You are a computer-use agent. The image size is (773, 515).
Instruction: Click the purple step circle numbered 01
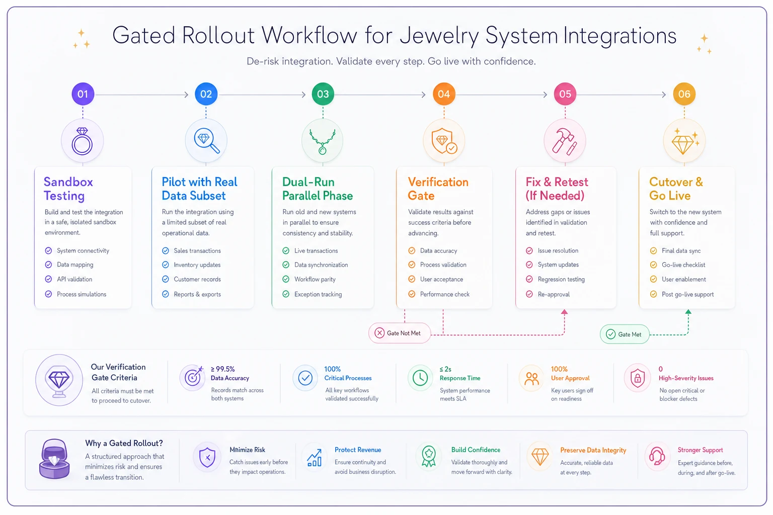point(83,94)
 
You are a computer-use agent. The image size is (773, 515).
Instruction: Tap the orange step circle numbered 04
point(444,94)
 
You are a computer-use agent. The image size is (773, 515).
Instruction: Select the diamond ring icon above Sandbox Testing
point(82,141)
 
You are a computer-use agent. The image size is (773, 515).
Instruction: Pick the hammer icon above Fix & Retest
point(565,141)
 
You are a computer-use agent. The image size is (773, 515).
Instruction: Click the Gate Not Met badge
point(399,333)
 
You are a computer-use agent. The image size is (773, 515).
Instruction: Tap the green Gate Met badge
point(625,334)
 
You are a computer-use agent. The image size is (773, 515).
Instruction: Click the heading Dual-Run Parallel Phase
point(318,189)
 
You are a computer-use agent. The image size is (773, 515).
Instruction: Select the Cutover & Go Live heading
point(676,189)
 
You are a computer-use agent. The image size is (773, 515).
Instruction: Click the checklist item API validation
point(74,279)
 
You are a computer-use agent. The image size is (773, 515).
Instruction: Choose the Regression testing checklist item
point(561,279)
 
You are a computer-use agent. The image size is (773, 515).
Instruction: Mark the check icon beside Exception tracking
point(286,294)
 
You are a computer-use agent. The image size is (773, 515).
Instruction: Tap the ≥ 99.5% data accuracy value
point(222,369)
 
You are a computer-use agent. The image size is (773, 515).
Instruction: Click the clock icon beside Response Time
point(420,378)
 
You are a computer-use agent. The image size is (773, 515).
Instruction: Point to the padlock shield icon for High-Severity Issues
point(638,378)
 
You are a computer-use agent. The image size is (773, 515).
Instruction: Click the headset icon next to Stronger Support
point(657,456)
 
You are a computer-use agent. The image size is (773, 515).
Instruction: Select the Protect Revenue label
point(358,450)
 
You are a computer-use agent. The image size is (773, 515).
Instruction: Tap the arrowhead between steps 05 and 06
point(664,95)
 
